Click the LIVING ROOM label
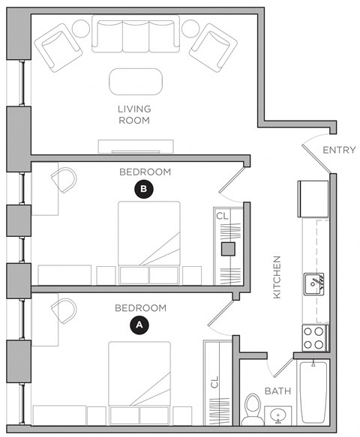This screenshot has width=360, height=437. [x=134, y=114]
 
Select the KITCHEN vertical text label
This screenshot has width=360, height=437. [x=277, y=277]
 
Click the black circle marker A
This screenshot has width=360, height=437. [x=138, y=325]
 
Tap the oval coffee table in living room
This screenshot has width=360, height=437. [x=135, y=80]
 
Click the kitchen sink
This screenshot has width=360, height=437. [x=314, y=283]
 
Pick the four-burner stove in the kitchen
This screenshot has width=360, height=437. [x=313, y=337]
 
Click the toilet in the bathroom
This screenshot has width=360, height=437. [x=253, y=408]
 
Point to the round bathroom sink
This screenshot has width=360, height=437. [x=279, y=415]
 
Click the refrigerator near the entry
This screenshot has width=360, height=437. [x=313, y=197]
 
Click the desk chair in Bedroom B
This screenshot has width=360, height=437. [x=63, y=181]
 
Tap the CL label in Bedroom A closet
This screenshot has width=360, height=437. [x=214, y=382]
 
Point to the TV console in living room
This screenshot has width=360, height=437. [x=135, y=145]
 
